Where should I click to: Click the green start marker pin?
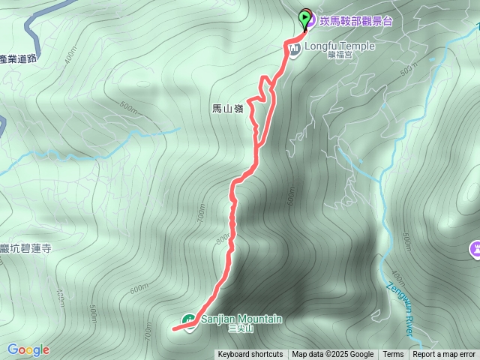pos(305,18)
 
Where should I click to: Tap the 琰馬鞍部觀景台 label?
pos(355,22)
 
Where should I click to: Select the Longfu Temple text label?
pos(339,46)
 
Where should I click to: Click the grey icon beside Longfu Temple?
pos(294,49)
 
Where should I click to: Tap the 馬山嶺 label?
pos(228,109)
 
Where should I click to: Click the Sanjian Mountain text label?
pos(241,319)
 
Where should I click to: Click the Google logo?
pos(28,349)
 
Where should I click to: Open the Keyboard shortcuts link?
pos(250,355)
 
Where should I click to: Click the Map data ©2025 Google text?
pos(332,355)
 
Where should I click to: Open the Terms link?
pos(393,355)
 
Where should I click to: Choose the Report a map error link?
pos(444,355)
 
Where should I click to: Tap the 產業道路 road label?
pos(18,58)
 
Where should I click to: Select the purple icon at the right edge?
pos(475,248)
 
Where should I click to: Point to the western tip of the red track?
pos(174,328)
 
